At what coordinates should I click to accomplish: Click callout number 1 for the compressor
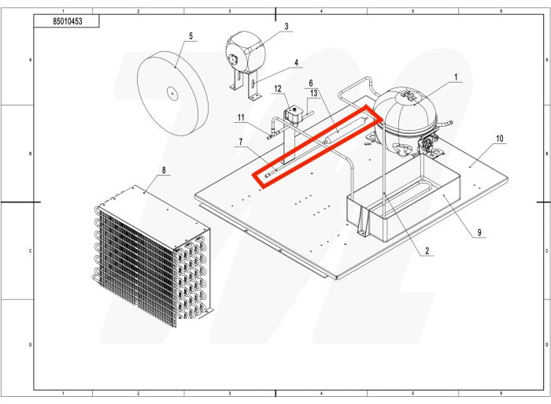click(456, 77)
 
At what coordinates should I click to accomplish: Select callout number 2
click(427, 251)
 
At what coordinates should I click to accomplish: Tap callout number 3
click(287, 26)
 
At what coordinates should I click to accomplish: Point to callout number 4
click(296, 61)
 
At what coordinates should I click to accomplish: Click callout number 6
click(311, 83)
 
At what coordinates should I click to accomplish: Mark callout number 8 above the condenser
click(163, 169)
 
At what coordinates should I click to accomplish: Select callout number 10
click(499, 138)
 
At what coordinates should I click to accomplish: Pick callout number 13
click(313, 92)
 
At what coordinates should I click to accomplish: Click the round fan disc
click(172, 92)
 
